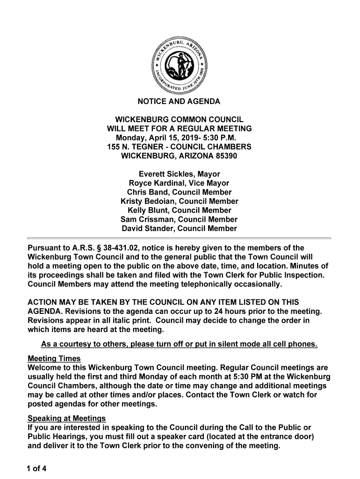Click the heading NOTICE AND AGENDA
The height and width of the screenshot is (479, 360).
[x=179, y=102]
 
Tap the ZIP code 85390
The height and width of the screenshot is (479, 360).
[x=226, y=156]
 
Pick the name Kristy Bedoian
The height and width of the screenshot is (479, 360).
[x=145, y=201]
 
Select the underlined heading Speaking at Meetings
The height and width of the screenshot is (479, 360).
[x=66, y=418]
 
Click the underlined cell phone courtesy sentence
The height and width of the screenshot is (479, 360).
[x=179, y=345]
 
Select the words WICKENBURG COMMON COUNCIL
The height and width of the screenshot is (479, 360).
[x=179, y=120]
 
